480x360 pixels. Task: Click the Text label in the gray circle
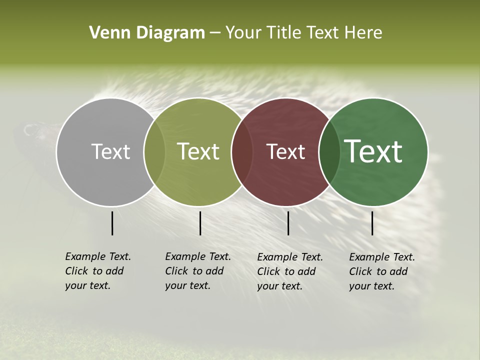tap(110, 151)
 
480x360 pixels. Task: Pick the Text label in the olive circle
tap(198, 151)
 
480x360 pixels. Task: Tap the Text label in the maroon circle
tap(285, 151)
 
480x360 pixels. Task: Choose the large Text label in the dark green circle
tap(373, 151)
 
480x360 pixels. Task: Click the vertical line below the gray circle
tap(112, 223)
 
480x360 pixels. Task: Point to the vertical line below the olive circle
tap(200, 223)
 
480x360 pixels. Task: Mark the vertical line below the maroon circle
tap(288, 223)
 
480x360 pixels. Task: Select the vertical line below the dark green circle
tap(372, 223)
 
